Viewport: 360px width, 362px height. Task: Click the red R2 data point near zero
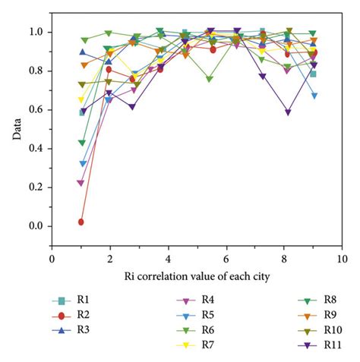[81, 222]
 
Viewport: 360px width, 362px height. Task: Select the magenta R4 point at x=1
[81, 183]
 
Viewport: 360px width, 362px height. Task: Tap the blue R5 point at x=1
[81, 163]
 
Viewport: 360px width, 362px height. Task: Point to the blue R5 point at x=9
[314, 96]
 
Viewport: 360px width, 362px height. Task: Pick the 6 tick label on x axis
[226, 259]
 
